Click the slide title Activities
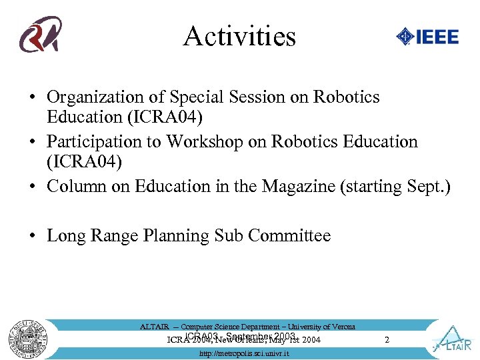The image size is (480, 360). pyautogui.click(x=239, y=36)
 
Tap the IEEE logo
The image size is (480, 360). pyautogui.click(x=427, y=36)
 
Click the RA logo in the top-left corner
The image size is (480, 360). pyautogui.click(x=41, y=35)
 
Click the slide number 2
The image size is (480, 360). pyautogui.click(x=387, y=340)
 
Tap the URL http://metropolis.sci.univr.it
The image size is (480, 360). pyautogui.click(x=244, y=353)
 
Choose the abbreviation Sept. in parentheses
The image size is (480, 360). pyautogui.click(x=427, y=187)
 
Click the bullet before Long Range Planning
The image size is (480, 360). pyautogui.click(x=32, y=236)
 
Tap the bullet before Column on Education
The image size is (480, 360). pyautogui.click(x=32, y=187)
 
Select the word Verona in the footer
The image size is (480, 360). pyautogui.click(x=342, y=327)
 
